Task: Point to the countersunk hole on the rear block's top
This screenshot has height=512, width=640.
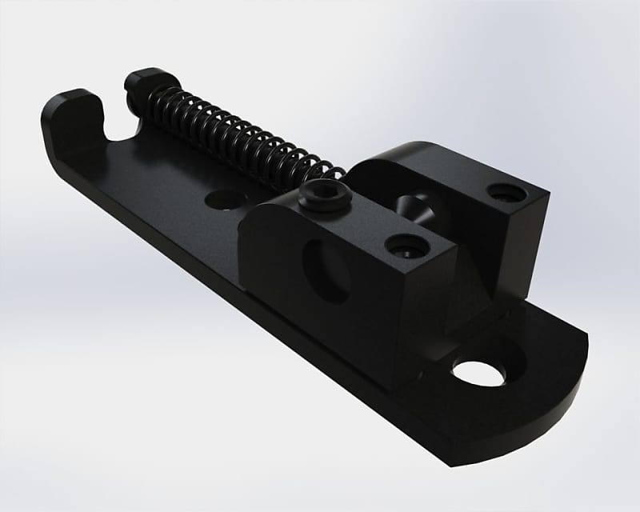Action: [x=504, y=193]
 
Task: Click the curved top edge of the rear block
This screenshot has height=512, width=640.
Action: [x=404, y=152]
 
